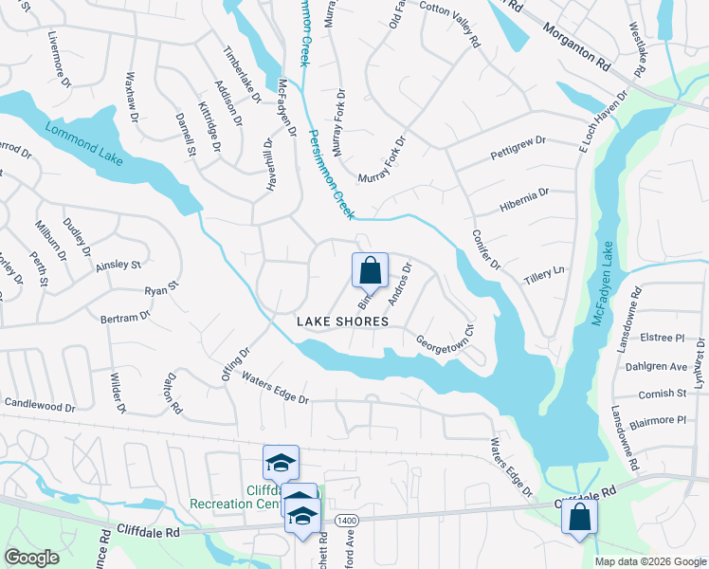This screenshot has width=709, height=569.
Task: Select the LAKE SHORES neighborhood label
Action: [342, 321]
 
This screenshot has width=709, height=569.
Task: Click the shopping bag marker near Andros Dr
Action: [370, 270]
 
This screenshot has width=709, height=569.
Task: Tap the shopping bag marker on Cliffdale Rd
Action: [579, 518]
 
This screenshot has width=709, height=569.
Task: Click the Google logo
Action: [31, 558]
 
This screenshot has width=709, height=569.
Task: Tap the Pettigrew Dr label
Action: [518, 148]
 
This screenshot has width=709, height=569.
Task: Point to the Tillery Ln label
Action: [544, 270]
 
